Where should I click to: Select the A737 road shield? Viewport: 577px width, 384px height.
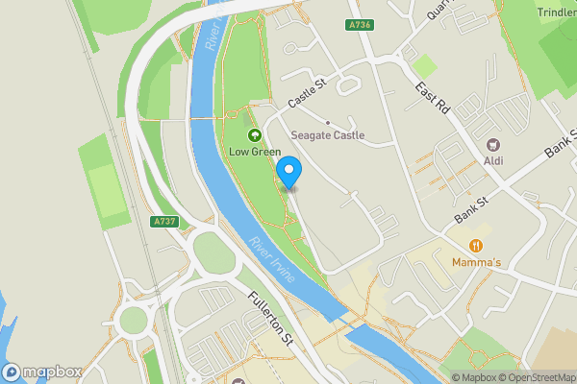coord(165,222)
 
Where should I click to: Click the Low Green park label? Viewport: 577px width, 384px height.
coord(255,152)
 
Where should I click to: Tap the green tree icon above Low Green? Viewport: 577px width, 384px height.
coord(255,135)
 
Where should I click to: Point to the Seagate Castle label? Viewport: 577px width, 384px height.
coord(328,135)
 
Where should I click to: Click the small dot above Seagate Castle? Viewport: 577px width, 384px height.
coord(328,122)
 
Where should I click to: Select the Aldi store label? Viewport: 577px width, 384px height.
coord(493,160)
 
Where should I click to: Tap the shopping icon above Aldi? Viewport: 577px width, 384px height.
coord(493,144)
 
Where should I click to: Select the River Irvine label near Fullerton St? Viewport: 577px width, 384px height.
coord(272,261)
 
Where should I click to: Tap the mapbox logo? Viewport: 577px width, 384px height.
coord(42,372)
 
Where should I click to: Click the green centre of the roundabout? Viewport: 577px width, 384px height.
coord(134,319)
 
